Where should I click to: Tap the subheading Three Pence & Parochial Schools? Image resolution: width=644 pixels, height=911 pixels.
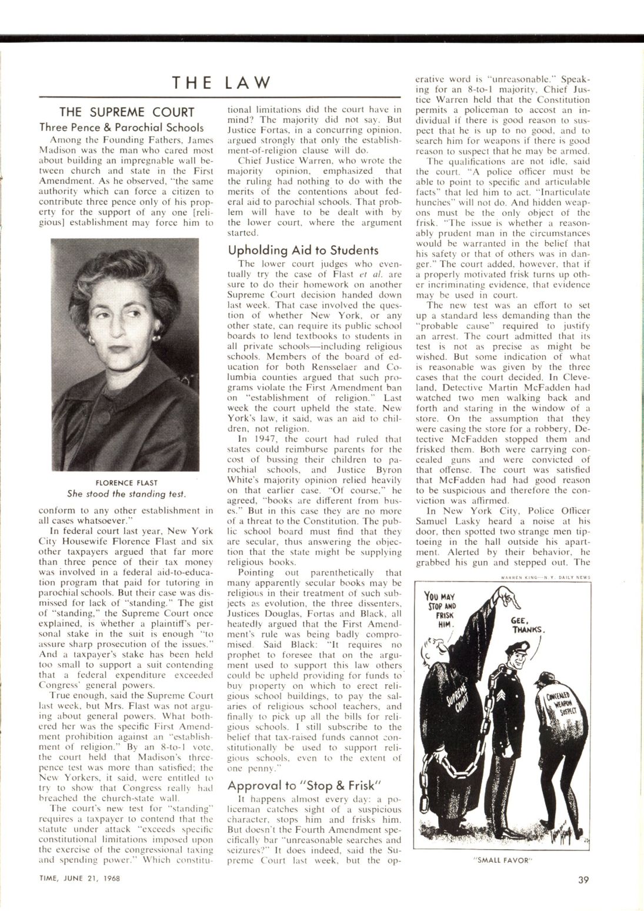122,127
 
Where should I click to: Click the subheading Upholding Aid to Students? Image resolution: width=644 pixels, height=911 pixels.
303,249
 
